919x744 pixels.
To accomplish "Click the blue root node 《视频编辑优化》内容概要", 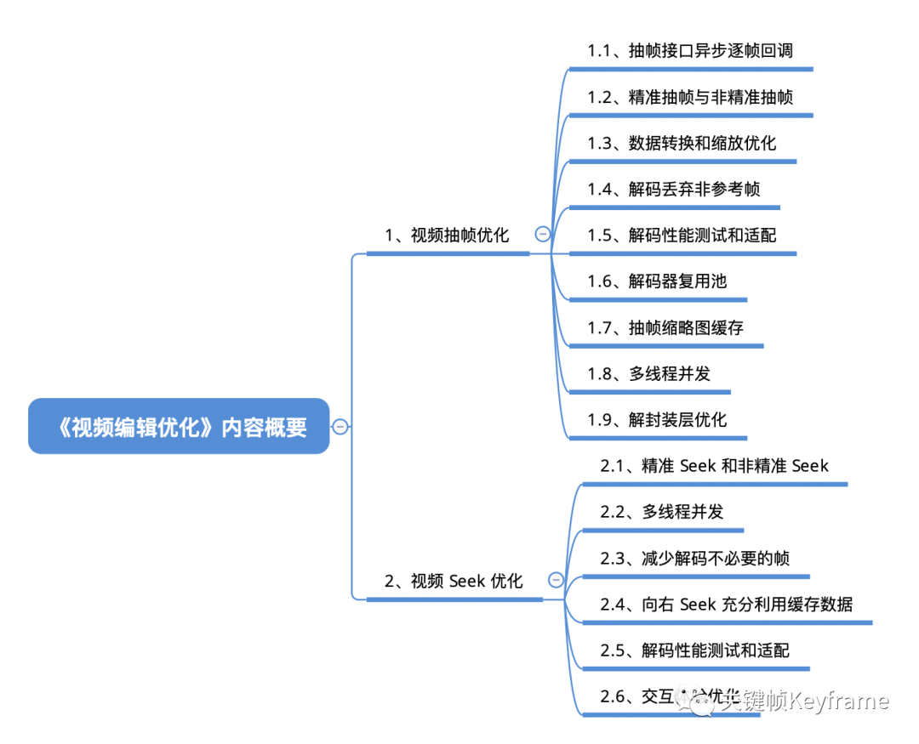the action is pyautogui.click(x=179, y=426).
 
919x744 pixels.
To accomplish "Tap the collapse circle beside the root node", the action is pyautogui.click(x=340, y=426).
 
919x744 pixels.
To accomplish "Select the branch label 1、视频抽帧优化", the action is pyautogui.click(x=447, y=235).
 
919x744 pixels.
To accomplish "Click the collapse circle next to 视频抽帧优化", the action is pyautogui.click(x=542, y=235).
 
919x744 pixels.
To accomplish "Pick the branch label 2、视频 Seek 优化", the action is pyautogui.click(x=454, y=581).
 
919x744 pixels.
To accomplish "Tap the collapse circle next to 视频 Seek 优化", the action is pyautogui.click(x=556, y=581).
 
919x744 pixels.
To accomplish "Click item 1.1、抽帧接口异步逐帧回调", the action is pyautogui.click(x=690, y=51).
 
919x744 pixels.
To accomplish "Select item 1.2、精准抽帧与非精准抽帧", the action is pyautogui.click(x=690, y=97).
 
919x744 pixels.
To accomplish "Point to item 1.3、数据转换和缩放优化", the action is pyautogui.click(x=682, y=143).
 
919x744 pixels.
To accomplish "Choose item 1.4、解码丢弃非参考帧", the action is pyautogui.click(x=673, y=189).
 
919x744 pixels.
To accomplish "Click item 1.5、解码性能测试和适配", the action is pyautogui.click(x=682, y=235).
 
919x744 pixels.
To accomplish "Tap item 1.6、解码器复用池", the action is pyautogui.click(x=657, y=281).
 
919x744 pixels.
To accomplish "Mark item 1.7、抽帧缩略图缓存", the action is pyautogui.click(x=665, y=327).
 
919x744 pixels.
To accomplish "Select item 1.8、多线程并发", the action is pyautogui.click(x=648, y=372).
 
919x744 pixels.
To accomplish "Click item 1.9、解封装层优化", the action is pyautogui.click(x=657, y=419).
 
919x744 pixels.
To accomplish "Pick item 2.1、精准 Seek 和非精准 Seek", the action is pyautogui.click(x=714, y=465).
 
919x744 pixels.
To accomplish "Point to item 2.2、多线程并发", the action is pyautogui.click(x=662, y=512).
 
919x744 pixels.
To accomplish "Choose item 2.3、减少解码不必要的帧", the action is pyautogui.click(x=694, y=558).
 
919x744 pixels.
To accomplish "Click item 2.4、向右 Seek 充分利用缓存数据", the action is pyautogui.click(x=726, y=604).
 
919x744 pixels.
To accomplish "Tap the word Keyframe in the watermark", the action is pyautogui.click(x=838, y=701).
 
